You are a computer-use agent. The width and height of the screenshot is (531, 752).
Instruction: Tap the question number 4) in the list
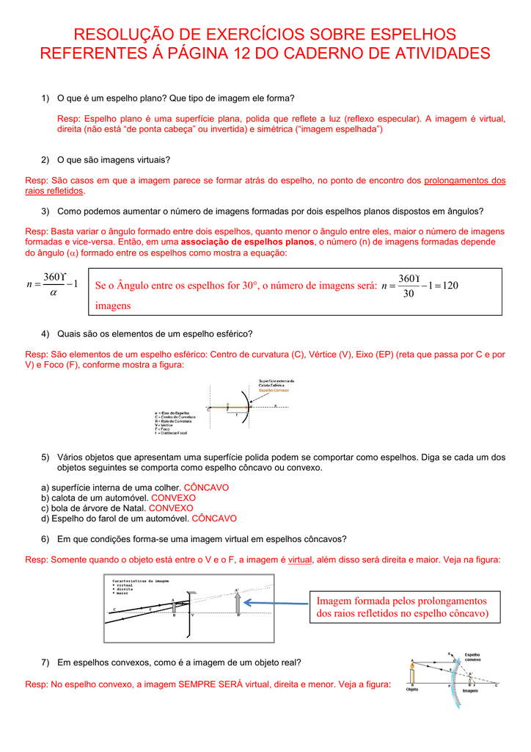coord(45,333)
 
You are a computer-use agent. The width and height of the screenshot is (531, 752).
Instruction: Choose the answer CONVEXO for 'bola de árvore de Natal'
coord(171,508)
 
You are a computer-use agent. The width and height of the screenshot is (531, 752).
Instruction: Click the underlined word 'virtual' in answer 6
coord(300,560)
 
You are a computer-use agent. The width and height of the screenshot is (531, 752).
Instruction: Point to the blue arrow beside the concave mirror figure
coord(277,602)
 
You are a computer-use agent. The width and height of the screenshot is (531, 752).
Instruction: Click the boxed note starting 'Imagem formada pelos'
coord(401,607)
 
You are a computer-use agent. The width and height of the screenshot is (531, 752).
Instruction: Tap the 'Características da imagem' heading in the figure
coord(141,580)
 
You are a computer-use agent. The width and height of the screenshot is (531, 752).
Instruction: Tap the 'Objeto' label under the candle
coord(412,691)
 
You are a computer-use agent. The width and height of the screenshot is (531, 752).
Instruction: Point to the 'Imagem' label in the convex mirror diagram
coord(471,691)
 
